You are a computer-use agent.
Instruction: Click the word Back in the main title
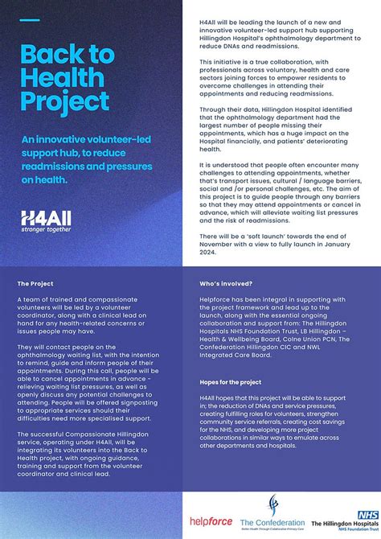(45, 56)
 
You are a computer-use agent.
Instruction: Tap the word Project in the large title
(64, 102)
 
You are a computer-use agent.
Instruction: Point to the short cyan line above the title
(29, 20)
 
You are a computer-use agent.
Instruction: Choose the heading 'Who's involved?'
(226, 284)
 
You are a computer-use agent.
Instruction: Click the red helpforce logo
(211, 521)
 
